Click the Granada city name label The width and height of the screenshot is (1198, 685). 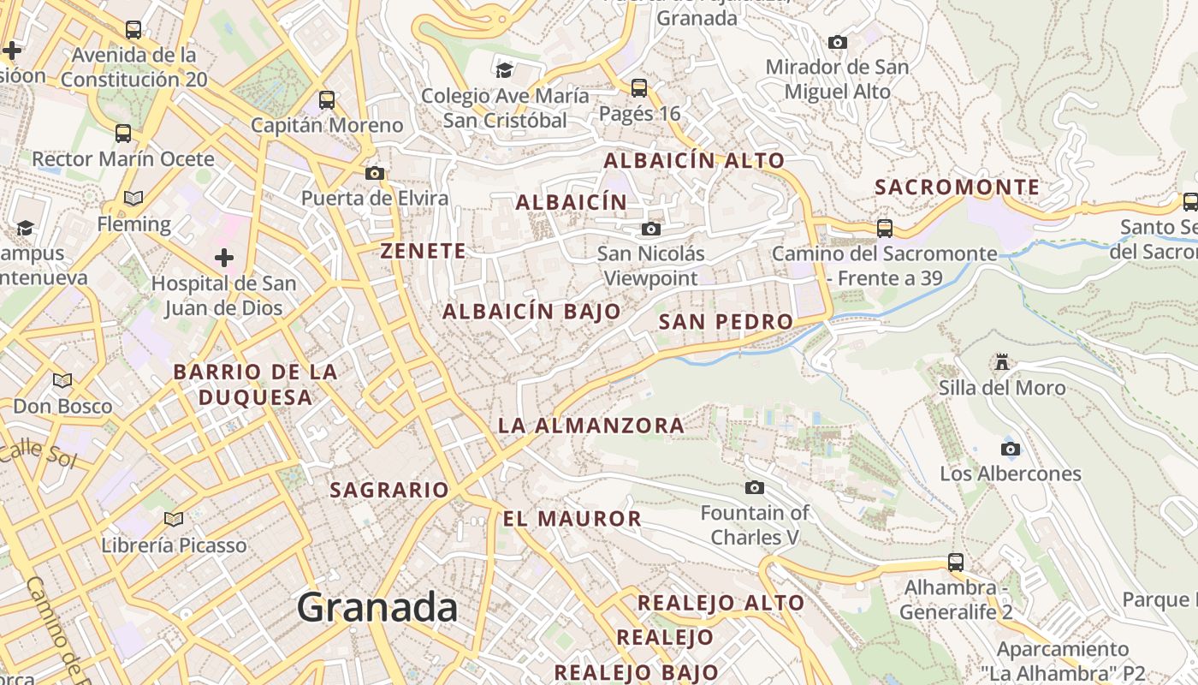tap(377, 608)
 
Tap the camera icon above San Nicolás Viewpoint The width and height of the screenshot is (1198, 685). tap(651, 229)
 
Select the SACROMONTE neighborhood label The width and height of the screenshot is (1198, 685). tap(958, 188)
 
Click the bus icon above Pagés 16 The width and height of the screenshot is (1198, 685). tap(639, 87)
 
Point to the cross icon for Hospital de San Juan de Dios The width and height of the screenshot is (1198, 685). tap(224, 257)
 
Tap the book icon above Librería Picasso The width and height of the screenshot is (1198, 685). tap(174, 519)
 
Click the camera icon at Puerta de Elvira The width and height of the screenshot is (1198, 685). tap(374, 173)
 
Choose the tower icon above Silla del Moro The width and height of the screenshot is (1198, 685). tap(1002, 362)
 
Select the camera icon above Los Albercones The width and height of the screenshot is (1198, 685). tap(1011, 449)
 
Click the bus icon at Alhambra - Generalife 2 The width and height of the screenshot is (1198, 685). tap(956, 563)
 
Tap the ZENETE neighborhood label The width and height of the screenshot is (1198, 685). tap(424, 251)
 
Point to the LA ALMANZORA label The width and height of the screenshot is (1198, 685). tap(591, 426)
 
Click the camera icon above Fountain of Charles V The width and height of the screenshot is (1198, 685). tap(754, 488)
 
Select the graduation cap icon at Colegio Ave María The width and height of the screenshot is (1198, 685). tap(505, 69)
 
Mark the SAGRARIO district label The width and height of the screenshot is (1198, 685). tap(389, 490)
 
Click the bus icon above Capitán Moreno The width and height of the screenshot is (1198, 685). tap(327, 99)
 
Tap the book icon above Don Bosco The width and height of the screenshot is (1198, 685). tap(62, 380)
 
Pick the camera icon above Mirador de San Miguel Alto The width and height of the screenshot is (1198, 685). tap(838, 42)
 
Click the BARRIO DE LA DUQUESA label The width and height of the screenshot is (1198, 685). tap(256, 384)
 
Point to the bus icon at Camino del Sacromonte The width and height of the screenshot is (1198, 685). tap(885, 229)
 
